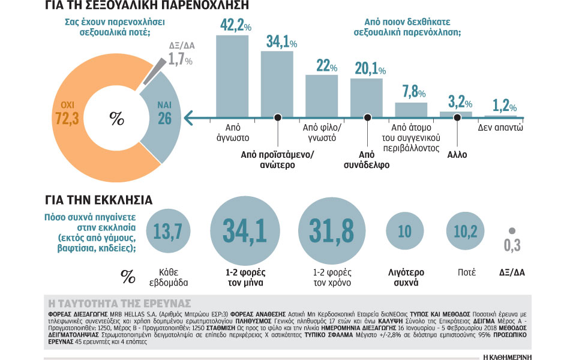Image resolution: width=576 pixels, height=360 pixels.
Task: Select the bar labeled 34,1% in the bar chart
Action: pos(277,84)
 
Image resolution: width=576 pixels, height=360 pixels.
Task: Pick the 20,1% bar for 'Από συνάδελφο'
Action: pos(367,97)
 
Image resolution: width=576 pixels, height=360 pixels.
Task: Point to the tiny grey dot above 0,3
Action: pos(511,230)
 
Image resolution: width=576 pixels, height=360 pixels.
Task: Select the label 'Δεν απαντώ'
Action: pos(501,128)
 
